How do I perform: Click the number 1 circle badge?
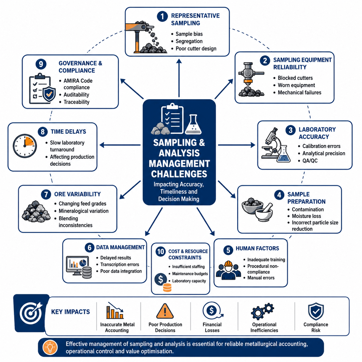pyautogui.click(x=162, y=16)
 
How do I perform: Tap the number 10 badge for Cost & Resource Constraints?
pyautogui.click(x=161, y=251)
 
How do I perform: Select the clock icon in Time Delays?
pyautogui.click(x=25, y=146)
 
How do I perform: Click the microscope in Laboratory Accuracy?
pyautogui.click(x=270, y=143)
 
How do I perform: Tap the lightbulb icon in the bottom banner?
pyautogui.click(x=50, y=347)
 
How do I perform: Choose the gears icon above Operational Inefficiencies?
pyautogui.click(x=262, y=311)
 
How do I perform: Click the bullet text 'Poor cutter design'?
pyautogui.click(x=196, y=49)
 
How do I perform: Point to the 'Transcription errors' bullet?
pyautogui.click(x=120, y=264)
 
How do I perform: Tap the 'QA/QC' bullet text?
pyautogui.click(x=310, y=161)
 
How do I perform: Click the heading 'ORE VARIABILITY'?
pyautogui.click(x=77, y=194)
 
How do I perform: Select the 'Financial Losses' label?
pyautogui.click(x=212, y=327)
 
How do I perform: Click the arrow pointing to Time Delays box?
pyautogui.click(x=120, y=145)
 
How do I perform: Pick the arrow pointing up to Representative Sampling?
pyautogui.click(x=179, y=78)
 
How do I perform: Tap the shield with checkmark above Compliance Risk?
pyautogui.click(x=316, y=311)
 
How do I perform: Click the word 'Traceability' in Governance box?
pyautogui.click(x=76, y=102)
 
